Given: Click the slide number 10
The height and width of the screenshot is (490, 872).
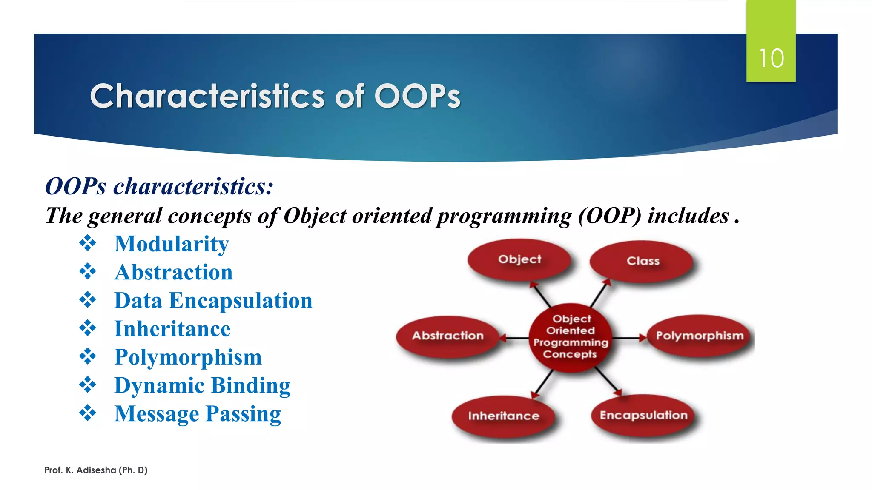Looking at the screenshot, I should point(771,58).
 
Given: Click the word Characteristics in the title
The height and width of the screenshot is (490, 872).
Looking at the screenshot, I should point(207,96).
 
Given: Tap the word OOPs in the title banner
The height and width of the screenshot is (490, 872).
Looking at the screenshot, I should point(417,96).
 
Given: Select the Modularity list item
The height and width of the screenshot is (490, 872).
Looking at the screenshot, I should point(172,244).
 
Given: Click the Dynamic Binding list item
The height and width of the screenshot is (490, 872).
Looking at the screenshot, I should point(202,386).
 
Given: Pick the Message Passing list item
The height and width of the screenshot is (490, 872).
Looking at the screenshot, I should point(198,414).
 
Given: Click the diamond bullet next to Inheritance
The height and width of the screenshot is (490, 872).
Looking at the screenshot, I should point(88,328).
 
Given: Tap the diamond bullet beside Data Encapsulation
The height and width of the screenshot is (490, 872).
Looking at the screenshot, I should point(88,300).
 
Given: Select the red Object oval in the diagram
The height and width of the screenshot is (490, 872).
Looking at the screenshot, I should point(519,259).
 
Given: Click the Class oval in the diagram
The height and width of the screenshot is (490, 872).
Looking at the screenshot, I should point(643,261).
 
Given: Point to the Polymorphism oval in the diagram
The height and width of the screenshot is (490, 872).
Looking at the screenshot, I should point(699,336).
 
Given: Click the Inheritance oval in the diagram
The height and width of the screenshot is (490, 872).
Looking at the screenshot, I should point(503,416).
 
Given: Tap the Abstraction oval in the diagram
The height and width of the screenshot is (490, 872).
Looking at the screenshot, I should point(447,336).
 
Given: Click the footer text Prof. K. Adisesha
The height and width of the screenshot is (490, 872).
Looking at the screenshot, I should point(96,470).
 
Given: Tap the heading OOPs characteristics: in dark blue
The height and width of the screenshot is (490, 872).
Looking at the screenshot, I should point(159,186).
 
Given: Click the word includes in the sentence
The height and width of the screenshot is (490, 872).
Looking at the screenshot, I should point(688,216).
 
